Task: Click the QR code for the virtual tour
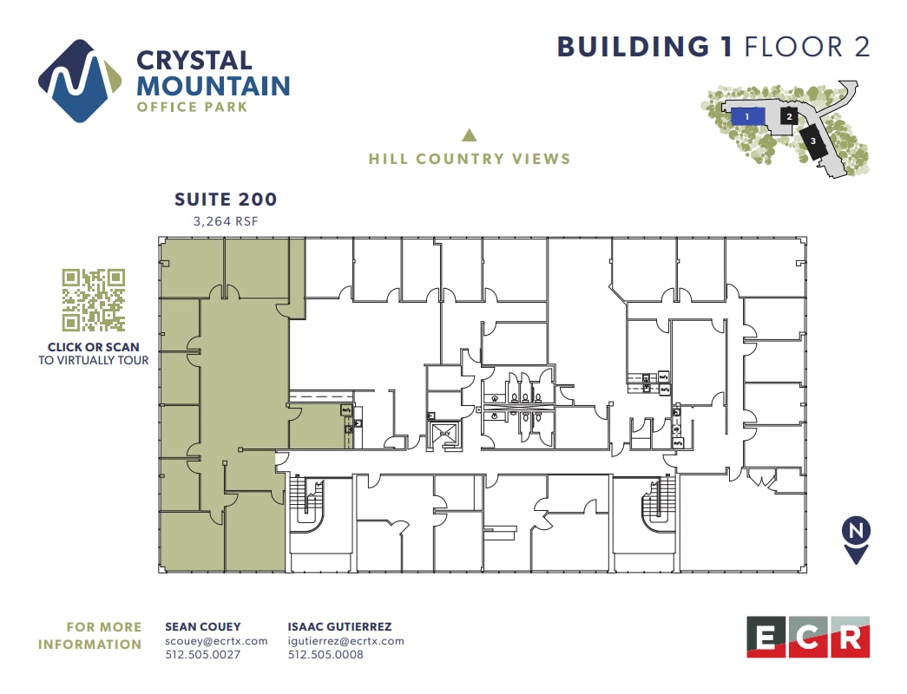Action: click(94, 300)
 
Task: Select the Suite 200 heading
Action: click(226, 200)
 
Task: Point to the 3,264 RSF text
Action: click(226, 221)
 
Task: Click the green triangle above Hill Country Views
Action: click(470, 135)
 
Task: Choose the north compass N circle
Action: click(856, 531)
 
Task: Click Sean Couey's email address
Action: click(216, 641)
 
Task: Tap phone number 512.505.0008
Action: click(325, 655)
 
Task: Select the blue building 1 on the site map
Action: click(747, 115)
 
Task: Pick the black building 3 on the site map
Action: click(813, 141)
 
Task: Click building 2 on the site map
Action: click(789, 115)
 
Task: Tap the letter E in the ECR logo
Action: click(766, 638)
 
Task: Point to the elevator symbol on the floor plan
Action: click(444, 432)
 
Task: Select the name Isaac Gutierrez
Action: click(338, 626)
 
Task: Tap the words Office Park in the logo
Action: click(192, 107)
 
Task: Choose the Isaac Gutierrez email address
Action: click(345, 641)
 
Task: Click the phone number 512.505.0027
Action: click(202, 655)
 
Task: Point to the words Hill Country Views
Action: click(470, 159)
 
